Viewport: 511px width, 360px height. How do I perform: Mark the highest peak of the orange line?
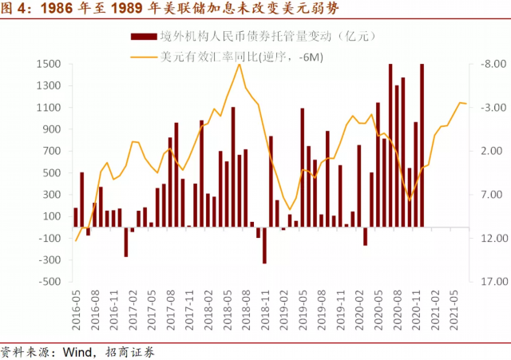coord(240,65)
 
